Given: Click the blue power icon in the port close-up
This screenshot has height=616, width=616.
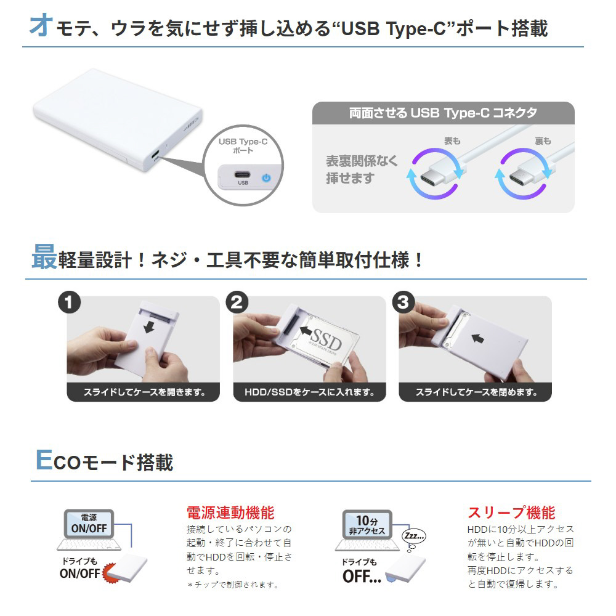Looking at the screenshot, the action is [266, 177].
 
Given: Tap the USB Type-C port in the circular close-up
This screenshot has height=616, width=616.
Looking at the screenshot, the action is [242, 174].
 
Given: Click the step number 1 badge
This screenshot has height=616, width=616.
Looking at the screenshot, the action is [69, 302].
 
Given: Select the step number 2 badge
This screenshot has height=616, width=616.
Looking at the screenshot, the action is [237, 302].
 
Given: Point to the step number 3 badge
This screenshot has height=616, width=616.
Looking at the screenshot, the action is [403, 302].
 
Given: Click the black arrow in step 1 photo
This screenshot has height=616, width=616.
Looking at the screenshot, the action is [149, 326].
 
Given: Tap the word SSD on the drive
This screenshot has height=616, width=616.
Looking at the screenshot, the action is [326, 339].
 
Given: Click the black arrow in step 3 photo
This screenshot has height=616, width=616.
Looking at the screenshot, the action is [477, 338].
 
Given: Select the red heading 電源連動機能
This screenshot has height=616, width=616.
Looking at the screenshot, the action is [230, 513].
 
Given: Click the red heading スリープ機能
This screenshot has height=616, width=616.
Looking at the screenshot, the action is [511, 513].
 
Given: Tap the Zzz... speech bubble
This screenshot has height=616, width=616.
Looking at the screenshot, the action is [414, 535].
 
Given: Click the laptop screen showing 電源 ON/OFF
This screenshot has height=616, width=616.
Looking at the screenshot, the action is [89, 524].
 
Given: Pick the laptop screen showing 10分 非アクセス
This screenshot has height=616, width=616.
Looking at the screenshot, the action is [367, 525].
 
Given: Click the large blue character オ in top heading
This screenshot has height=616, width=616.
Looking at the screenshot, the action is [41, 25].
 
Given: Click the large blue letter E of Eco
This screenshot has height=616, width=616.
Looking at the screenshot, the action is [44, 460].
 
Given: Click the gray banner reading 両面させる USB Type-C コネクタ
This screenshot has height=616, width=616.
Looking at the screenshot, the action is [443, 113].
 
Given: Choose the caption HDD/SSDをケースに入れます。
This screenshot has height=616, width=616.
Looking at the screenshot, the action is [310, 392].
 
